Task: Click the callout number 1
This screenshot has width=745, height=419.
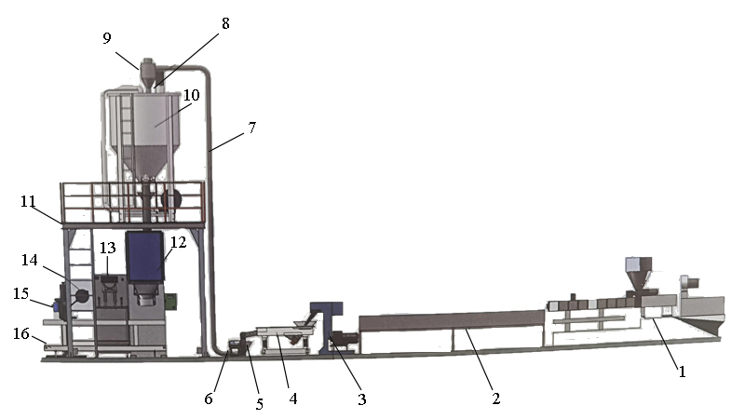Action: click(x=682, y=372)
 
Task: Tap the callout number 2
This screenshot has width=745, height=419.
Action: click(x=495, y=399)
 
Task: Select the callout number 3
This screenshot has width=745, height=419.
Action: click(x=362, y=399)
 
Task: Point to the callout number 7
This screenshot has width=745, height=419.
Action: click(x=251, y=128)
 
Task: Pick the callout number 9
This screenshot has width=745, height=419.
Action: click(x=107, y=38)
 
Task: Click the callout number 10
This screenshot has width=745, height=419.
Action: click(x=191, y=95)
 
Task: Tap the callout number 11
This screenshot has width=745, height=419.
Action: click(x=29, y=201)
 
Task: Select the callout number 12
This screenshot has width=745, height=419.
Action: click(x=178, y=242)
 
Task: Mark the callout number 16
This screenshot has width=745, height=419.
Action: click(x=20, y=333)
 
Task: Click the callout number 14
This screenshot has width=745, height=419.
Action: click(x=30, y=260)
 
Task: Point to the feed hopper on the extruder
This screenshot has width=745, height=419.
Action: click(x=639, y=273)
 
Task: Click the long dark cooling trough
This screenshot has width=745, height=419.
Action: click(x=452, y=320)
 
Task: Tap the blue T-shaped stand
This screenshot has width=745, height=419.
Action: click(x=327, y=328)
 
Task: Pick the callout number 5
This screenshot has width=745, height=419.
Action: click(x=260, y=404)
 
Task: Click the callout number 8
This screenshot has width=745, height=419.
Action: click(x=225, y=22)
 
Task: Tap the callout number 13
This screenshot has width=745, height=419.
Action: click(x=108, y=248)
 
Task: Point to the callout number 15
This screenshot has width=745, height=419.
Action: click(x=20, y=293)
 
